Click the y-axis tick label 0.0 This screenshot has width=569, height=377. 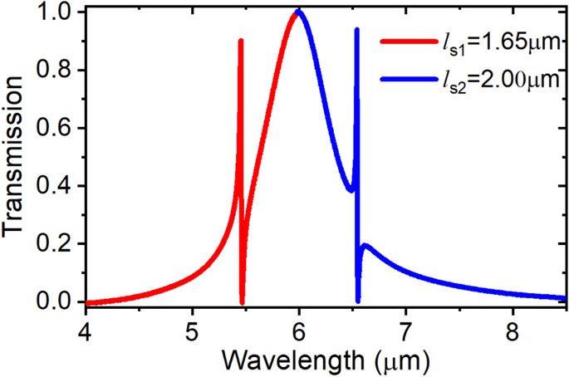[57, 302]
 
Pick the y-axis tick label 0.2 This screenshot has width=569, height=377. [57, 244]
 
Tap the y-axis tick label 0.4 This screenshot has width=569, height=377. [57, 186]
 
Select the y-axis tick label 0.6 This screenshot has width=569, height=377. [57, 128]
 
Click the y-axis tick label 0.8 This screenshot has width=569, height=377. [57, 70]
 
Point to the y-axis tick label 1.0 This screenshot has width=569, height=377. [57, 12]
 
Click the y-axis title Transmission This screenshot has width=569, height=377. [17, 158]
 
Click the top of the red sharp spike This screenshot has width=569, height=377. [241, 41]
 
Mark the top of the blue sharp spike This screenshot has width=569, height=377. [356, 30]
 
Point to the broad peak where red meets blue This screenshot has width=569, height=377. [297, 12]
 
